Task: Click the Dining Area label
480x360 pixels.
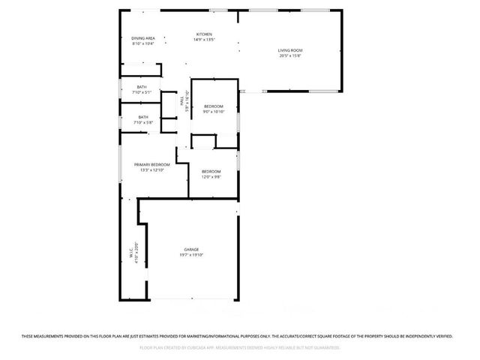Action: pyautogui.click(x=143, y=38)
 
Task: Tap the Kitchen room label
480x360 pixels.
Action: pyautogui.click(x=204, y=34)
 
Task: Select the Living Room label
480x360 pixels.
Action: pyautogui.click(x=290, y=51)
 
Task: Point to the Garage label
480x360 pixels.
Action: pyautogui.click(x=191, y=250)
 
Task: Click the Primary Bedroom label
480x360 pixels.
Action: pyautogui.click(x=151, y=164)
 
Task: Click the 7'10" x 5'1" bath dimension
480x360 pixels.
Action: pyautogui.click(x=142, y=92)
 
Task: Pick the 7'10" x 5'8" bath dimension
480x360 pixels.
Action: pyautogui.click(x=142, y=122)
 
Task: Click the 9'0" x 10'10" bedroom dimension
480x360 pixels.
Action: pyautogui.click(x=214, y=111)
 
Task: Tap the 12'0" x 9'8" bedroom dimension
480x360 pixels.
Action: pyautogui.click(x=211, y=177)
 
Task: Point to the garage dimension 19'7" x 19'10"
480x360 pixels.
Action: pyautogui.click(x=191, y=255)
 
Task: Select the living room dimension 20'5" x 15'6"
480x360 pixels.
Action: pyautogui.click(x=290, y=56)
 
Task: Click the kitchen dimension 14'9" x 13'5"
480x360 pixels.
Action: pyautogui.click(x=204, y=40)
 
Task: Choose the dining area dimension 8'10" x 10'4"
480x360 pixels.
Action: pyautogui.click(x=143, y=43)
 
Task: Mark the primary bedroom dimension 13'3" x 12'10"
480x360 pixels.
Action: pyautogui.click(x=151, y=169)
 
